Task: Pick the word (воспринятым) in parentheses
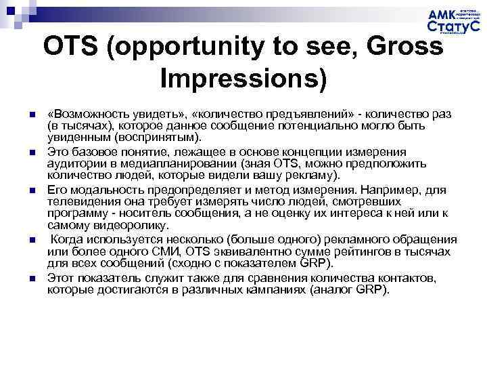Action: pos(164,136)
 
